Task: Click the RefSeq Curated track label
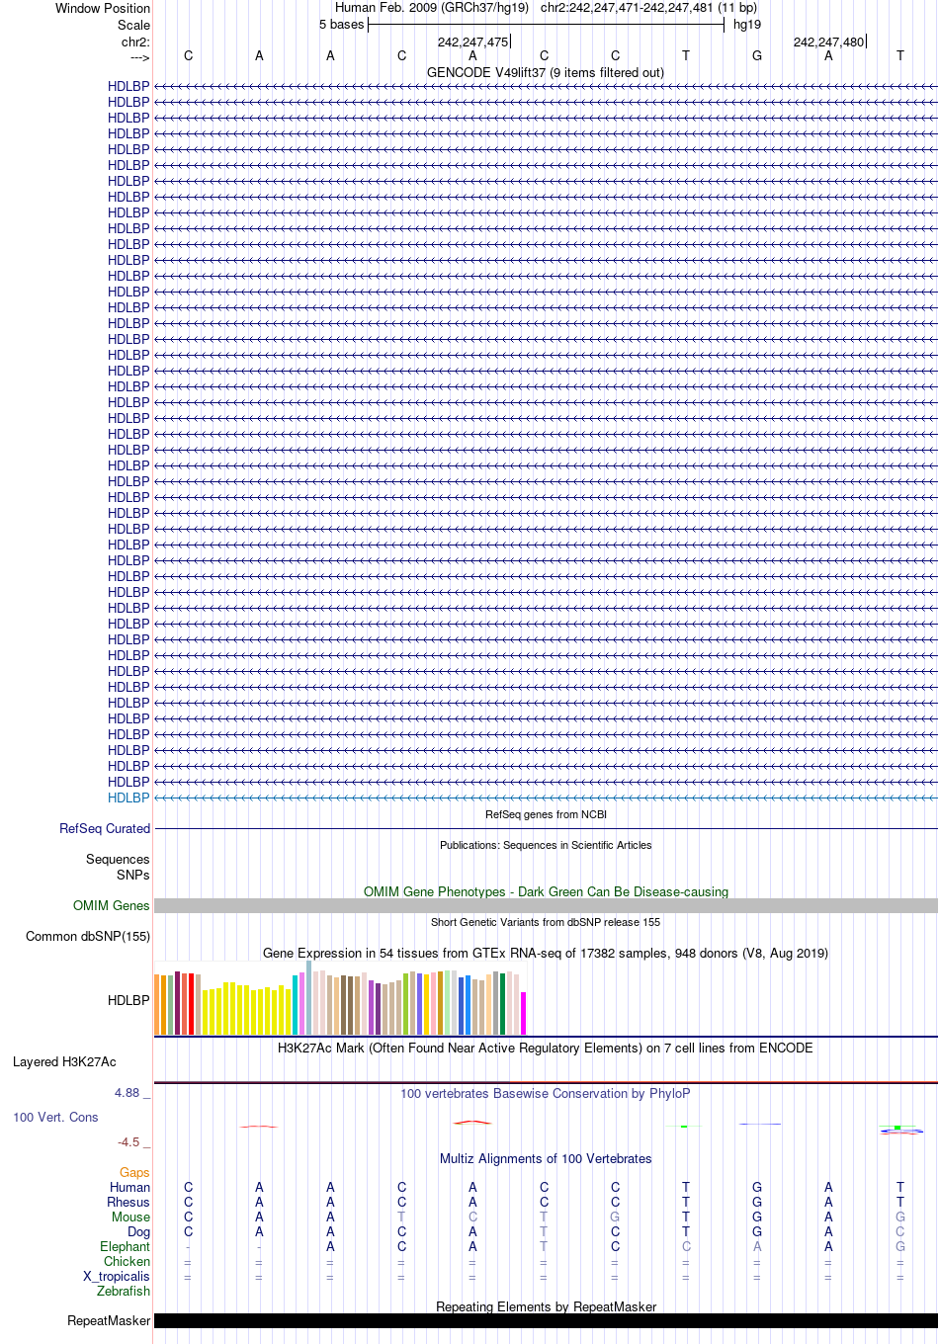(x=105, y=828)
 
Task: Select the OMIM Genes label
(x=111, y=905)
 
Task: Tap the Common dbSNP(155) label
(x=88, y=936)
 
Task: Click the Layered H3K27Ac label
(x=64, y=1061)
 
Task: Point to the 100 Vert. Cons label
(x=55, y=1117)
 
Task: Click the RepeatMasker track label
(x=109, y=1320)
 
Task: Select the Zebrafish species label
(x=123, y=1291)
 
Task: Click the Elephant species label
(x=125, y=1246)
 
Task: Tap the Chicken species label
(x=127, y=1261)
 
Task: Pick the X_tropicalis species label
(x=117, y=1276)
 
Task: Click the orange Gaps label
(x=134, y=1172)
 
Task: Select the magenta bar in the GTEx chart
(x=523, y=1013)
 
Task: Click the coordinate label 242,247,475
(x=472, y=42)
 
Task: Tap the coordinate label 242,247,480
(x=828, y=42)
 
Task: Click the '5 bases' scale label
(x=341, y=25)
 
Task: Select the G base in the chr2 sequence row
(x=757, y=55)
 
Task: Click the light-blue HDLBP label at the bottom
(x=128, y=798)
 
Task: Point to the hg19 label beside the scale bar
(x=747, y=25)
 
